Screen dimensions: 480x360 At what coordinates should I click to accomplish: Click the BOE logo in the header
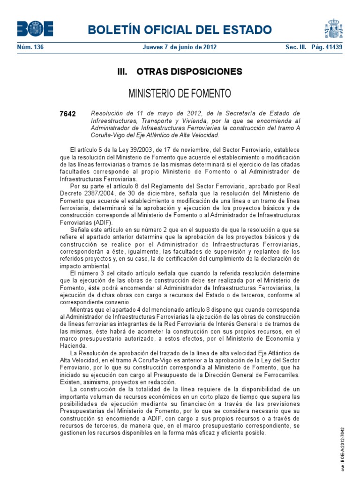[x=35, y=30]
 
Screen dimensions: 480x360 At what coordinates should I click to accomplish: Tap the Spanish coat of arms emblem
[x=333, y=29]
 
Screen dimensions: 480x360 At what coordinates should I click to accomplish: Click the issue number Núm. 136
[x=30, y=47]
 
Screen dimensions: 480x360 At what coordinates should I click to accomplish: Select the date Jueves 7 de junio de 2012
[x=180, y=47]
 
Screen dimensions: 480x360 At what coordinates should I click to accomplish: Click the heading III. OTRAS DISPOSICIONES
[x=180, y=72]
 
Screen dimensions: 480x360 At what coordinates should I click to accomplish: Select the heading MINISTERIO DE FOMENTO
[x=180, y=94]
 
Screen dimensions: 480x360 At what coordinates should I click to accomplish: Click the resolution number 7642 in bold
[x=68, y=114]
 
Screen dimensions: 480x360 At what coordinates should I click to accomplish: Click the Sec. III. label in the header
[x=296, y=47]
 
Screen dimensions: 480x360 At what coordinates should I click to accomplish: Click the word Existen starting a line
[x=70, y=382]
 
